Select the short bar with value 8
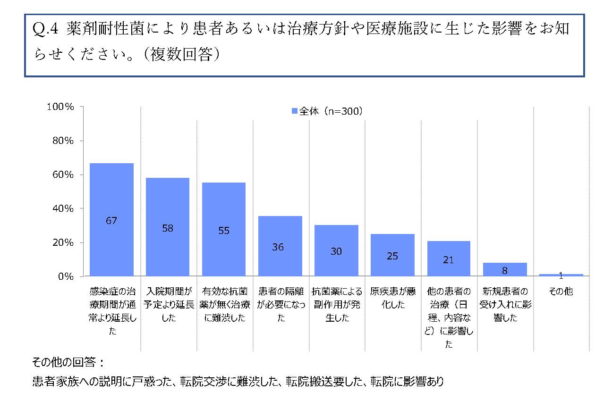tap(505, 269)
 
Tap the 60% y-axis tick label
tap(62, 175)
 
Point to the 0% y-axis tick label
tap(64, 276)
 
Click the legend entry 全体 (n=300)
tap(326, 112)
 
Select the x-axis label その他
tap(561, 292)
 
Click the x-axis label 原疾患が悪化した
tap(392, 298)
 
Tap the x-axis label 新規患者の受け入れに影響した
tap(505, 304)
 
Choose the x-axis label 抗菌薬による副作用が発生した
tap(336, 304)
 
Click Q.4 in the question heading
tap(45, 29)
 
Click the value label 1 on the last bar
tap(561, 275)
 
